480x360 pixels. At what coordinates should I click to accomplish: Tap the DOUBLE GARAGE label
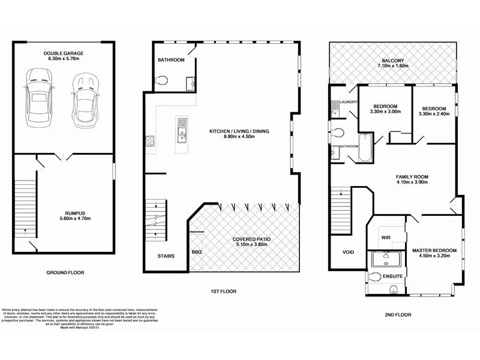pos(63,53)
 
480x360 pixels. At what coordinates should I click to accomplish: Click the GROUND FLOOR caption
pos(65,272)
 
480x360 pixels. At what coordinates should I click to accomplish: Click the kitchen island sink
pos(182,127)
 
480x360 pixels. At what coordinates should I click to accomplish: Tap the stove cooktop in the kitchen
pos(149,142)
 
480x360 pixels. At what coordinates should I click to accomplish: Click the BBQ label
pos(197,252)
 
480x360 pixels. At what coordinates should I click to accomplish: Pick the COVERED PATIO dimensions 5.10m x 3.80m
pos(251,245)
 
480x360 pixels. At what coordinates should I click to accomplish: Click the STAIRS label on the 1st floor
pos(166,256)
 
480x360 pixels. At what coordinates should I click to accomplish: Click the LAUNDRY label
pos(349,102)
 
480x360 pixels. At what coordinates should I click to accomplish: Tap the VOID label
pos(348,253)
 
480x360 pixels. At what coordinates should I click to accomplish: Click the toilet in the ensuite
pos(375,277)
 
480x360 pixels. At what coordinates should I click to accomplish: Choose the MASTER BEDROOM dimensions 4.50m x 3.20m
pos(434,256)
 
